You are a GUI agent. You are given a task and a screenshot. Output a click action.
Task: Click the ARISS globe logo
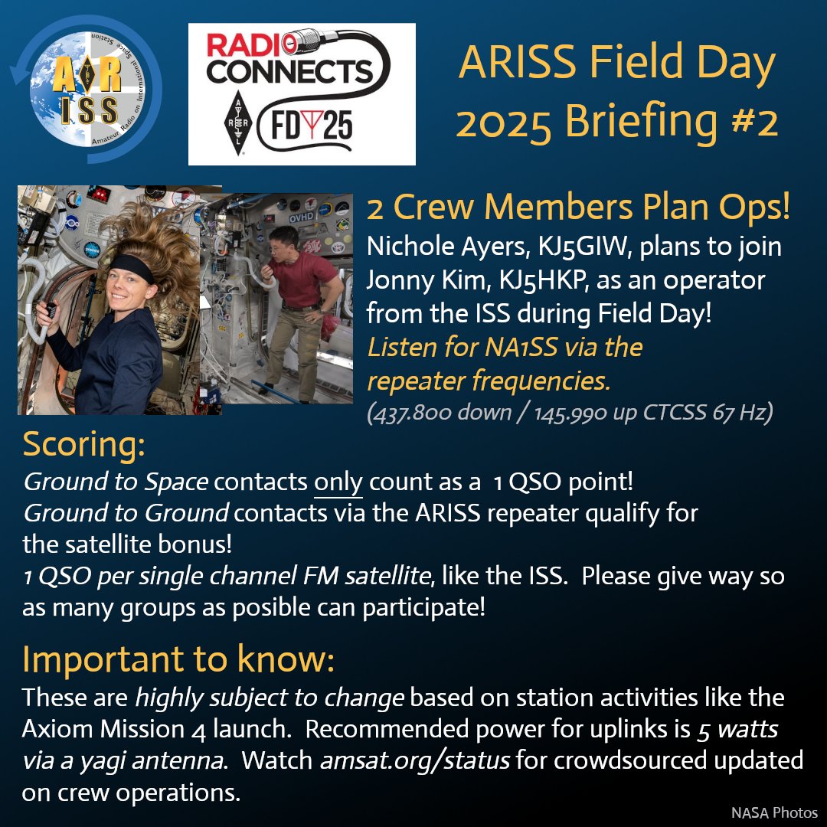[x=86, y=92]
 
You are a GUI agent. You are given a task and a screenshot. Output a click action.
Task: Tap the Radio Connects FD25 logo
[x=302, y=93]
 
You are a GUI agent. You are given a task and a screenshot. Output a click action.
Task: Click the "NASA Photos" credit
[x=774, y=812]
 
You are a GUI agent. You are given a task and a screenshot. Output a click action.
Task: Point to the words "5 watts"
[x=737, y=730]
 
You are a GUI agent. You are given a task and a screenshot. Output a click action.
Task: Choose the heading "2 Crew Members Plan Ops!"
[x=578, y=208]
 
